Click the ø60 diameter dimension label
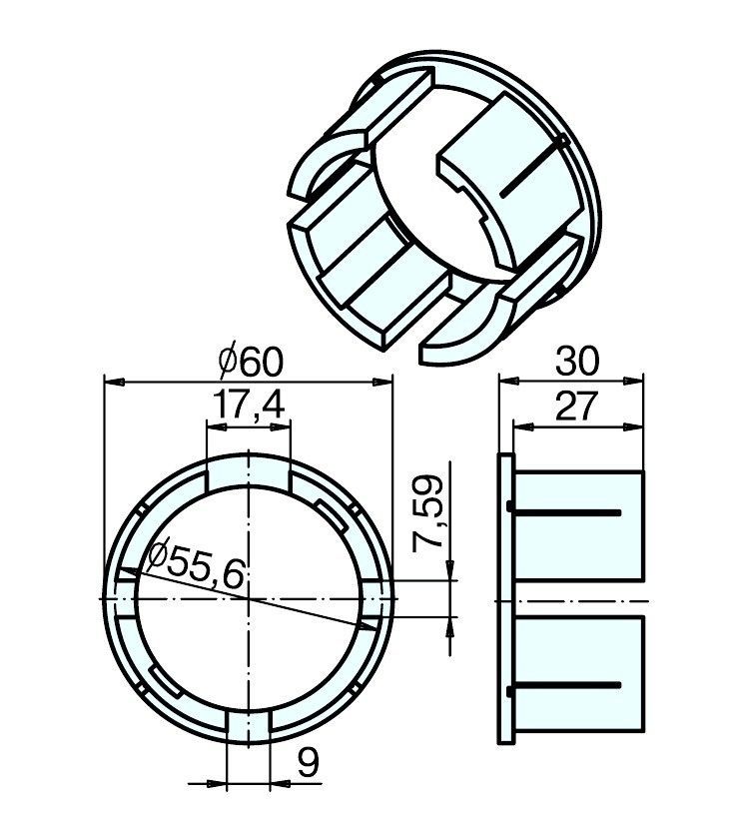click(x=252, y=363)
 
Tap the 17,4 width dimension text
click(x=249, y=406)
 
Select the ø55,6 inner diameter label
click(x=197, y=563)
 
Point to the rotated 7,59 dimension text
click(x=427, y=513)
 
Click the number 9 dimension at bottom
click(x=308, y=763)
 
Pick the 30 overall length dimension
click(x=577, y=362)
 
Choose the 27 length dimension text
click(x=576, y=407)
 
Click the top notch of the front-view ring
click(x=248, y=473)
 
